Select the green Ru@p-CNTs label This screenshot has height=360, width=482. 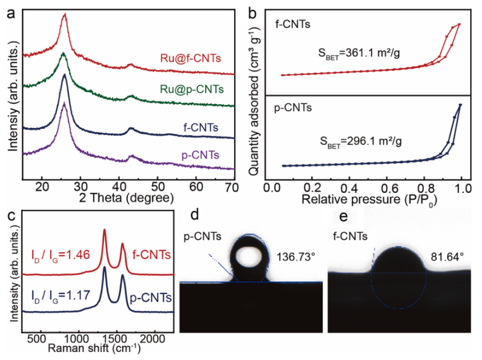pyautogui.click(x=188, y=90)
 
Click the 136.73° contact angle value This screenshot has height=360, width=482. pyautogui.click(x=295, y=256)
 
